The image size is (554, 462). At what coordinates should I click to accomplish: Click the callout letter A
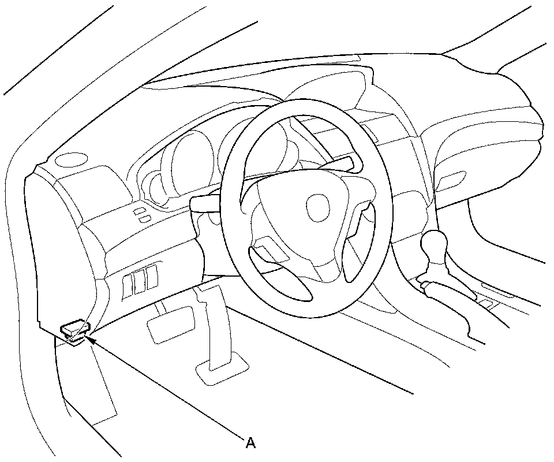point(250,443)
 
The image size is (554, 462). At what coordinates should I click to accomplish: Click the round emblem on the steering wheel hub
point(317,207)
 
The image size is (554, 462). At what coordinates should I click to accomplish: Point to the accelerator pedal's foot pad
point(222,369)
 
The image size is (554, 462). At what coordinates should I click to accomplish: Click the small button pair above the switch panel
point(141,215)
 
